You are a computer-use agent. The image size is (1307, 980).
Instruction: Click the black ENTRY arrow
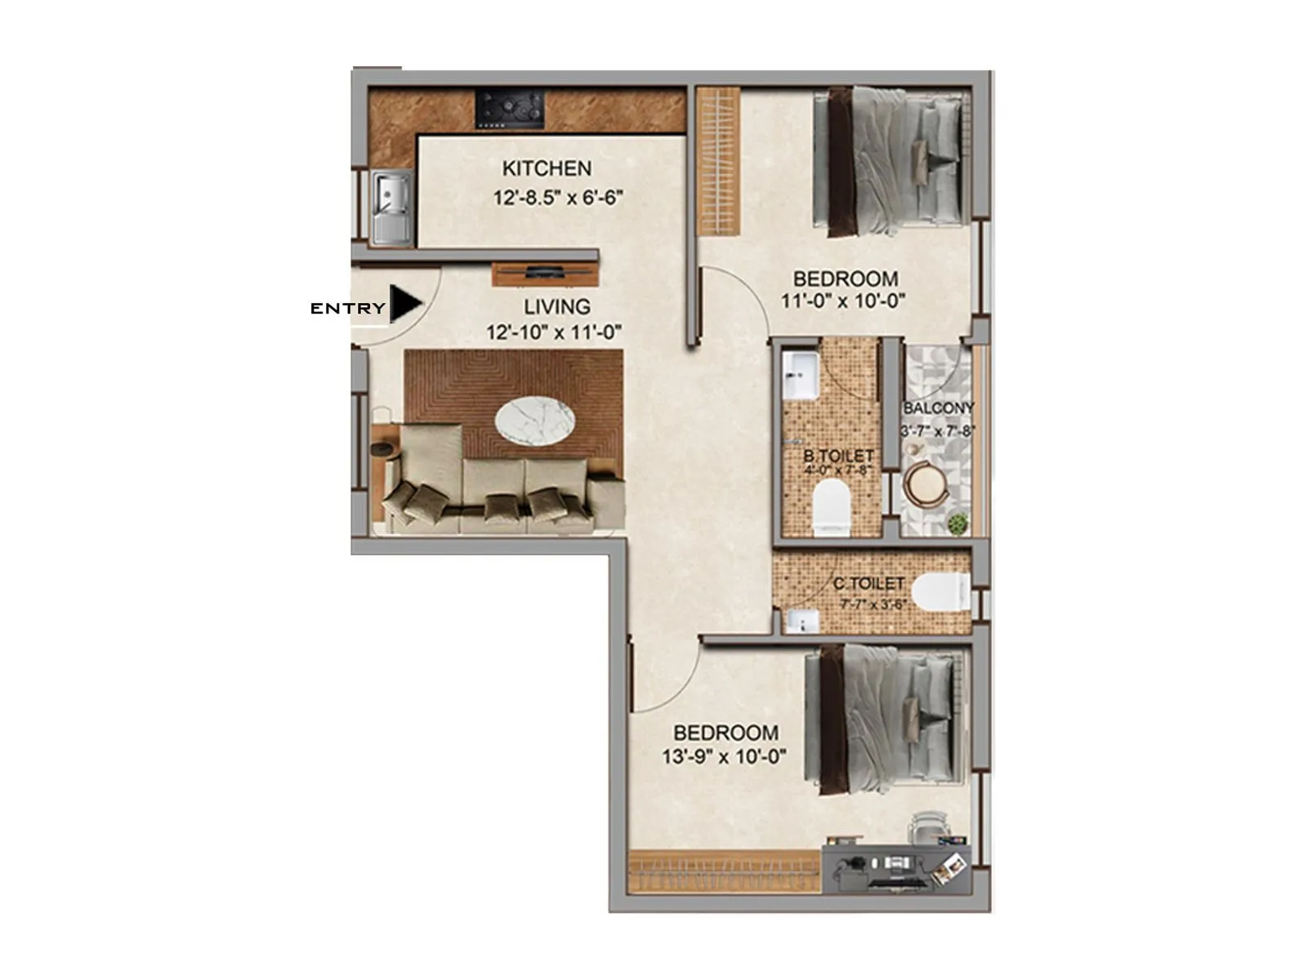coord(405,304)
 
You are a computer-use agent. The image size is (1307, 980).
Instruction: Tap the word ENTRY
coord(347,309)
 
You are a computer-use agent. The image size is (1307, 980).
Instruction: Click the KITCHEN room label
coord(546,169)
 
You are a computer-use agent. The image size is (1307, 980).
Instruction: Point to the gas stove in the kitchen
coord(511,109)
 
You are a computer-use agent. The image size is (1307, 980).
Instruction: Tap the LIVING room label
coord(557,307)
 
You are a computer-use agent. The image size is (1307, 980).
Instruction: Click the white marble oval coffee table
coord(534,421)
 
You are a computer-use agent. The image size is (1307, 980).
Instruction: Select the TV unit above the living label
coord(545,274)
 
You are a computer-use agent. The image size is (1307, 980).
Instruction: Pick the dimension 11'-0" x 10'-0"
coord(843,301)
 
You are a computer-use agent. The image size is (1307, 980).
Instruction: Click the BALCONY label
coord(939,408)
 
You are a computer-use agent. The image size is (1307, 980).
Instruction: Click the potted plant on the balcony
coord(957,523)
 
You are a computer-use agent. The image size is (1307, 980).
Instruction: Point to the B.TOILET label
coord(838,456)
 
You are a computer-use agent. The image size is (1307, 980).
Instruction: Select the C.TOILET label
coord(868,584)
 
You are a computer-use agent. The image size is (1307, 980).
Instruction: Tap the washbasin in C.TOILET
coord(801,621)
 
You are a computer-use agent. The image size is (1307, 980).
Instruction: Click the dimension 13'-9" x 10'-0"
coord(724,757)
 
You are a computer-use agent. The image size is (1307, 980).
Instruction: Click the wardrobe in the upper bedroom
coord(718,161)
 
